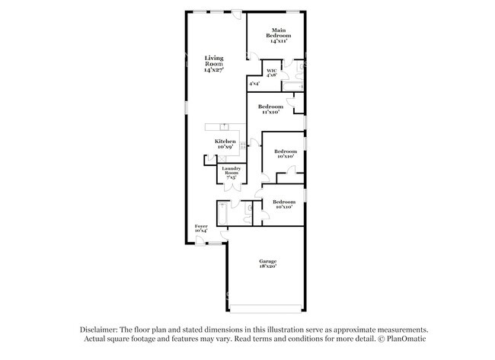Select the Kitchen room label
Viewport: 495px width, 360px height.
point(224,142)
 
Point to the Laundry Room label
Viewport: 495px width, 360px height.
point(231,170)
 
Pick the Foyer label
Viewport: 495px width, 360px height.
point(201,226)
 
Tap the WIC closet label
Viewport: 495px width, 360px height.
point(271,71)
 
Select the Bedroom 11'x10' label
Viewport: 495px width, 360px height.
point(270,107)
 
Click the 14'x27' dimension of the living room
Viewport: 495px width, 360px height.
point(213,70)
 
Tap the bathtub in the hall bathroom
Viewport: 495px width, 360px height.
point(222,212)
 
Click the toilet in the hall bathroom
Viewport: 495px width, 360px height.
point(250,207)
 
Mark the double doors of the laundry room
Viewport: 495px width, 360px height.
point(230,183)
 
